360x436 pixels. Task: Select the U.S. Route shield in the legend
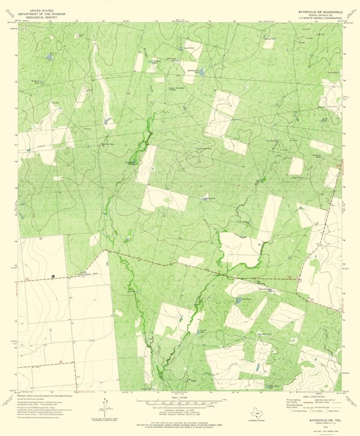pos(310,411)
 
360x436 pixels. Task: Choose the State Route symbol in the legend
pos(331,411)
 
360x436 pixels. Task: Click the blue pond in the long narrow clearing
pos(107,121)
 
